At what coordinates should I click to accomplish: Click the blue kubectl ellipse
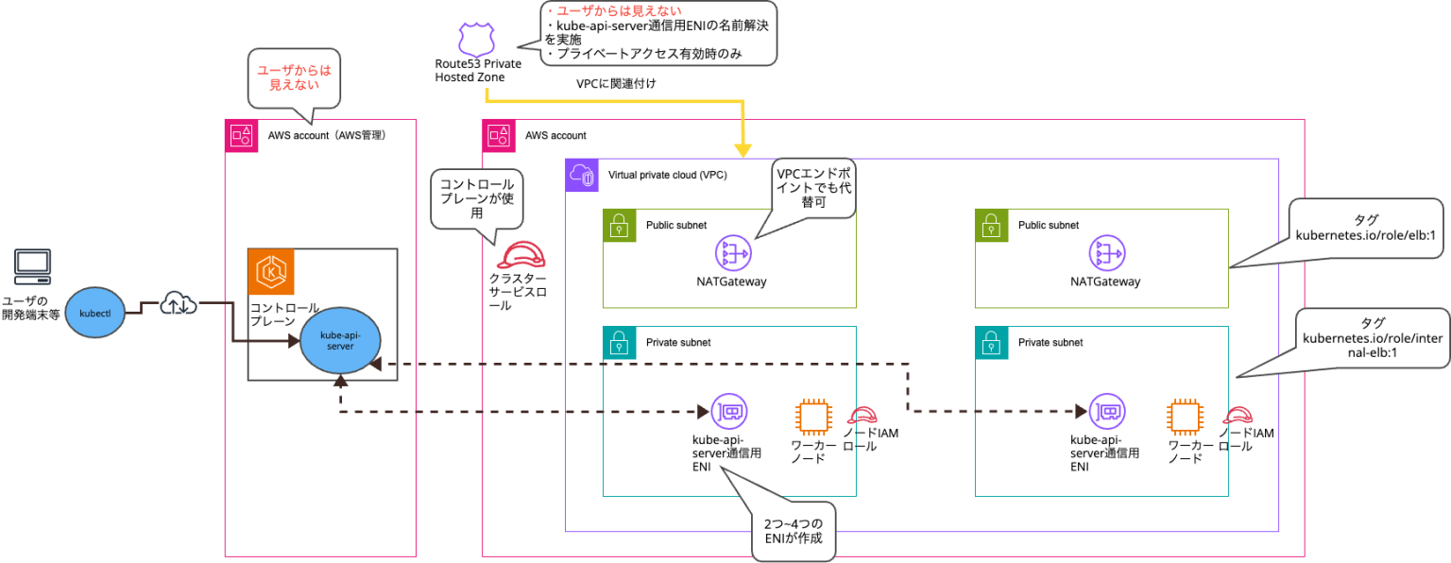click(x=96, y=312)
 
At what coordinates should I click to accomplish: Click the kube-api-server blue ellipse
click(x=340, y=340)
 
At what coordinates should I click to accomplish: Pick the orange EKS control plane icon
click(x=272, y=272)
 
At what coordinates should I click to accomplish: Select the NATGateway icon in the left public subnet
click(x=732, y=252)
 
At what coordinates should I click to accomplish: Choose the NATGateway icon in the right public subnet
click(x=1104, y=252)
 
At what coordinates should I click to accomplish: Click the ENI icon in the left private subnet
click(x=728, y=412)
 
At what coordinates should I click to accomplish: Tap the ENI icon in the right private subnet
click(x=1105, y=412)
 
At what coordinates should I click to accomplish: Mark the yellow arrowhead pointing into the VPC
click(x=744, y=148)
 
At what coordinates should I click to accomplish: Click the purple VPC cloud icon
click(x=582, y=175)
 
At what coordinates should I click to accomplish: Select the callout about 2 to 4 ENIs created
click(x=792, y=530)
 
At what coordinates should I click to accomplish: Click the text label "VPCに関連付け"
click(x=616, y=83)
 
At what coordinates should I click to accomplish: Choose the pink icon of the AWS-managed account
click(x=241, y=135)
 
